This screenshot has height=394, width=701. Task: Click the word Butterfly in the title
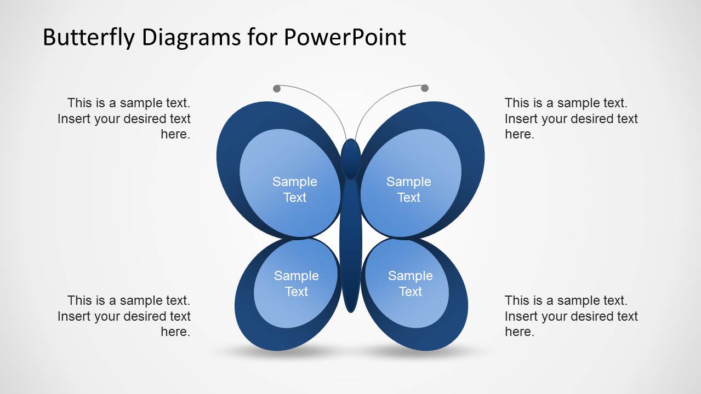pyautogui.click(x=88, y=38)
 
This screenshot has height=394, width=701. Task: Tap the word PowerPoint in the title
pyautogui.click(x=345, y=38)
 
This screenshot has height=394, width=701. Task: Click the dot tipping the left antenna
pyautogui.click(x=277, y=89)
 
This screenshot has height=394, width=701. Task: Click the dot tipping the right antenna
pyautogui.click(x=425, y=88)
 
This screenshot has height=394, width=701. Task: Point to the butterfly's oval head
pyautogui.click(x=351, y=158)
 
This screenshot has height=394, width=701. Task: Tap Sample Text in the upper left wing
pyautogui.click(x=295, y=189)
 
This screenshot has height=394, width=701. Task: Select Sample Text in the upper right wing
pyautogui.click(x=409, y=189)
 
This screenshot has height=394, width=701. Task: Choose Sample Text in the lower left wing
pyautogui.click(x=297, y=283)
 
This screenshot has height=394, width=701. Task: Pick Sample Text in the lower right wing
pyautogui.click(x=411, y=283)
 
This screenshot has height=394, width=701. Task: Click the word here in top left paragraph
pyautogui.click(x=175, y=135)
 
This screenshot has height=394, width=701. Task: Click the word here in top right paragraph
pyautogui.click(x=519, y=135)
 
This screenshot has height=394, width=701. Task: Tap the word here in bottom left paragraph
pyautogui.click(x=175, y=332)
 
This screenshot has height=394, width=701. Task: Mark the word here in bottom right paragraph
pyautogui.click(x=519, y=332)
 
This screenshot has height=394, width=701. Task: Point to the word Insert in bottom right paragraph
pyautogui.click(x=520, y=316)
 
